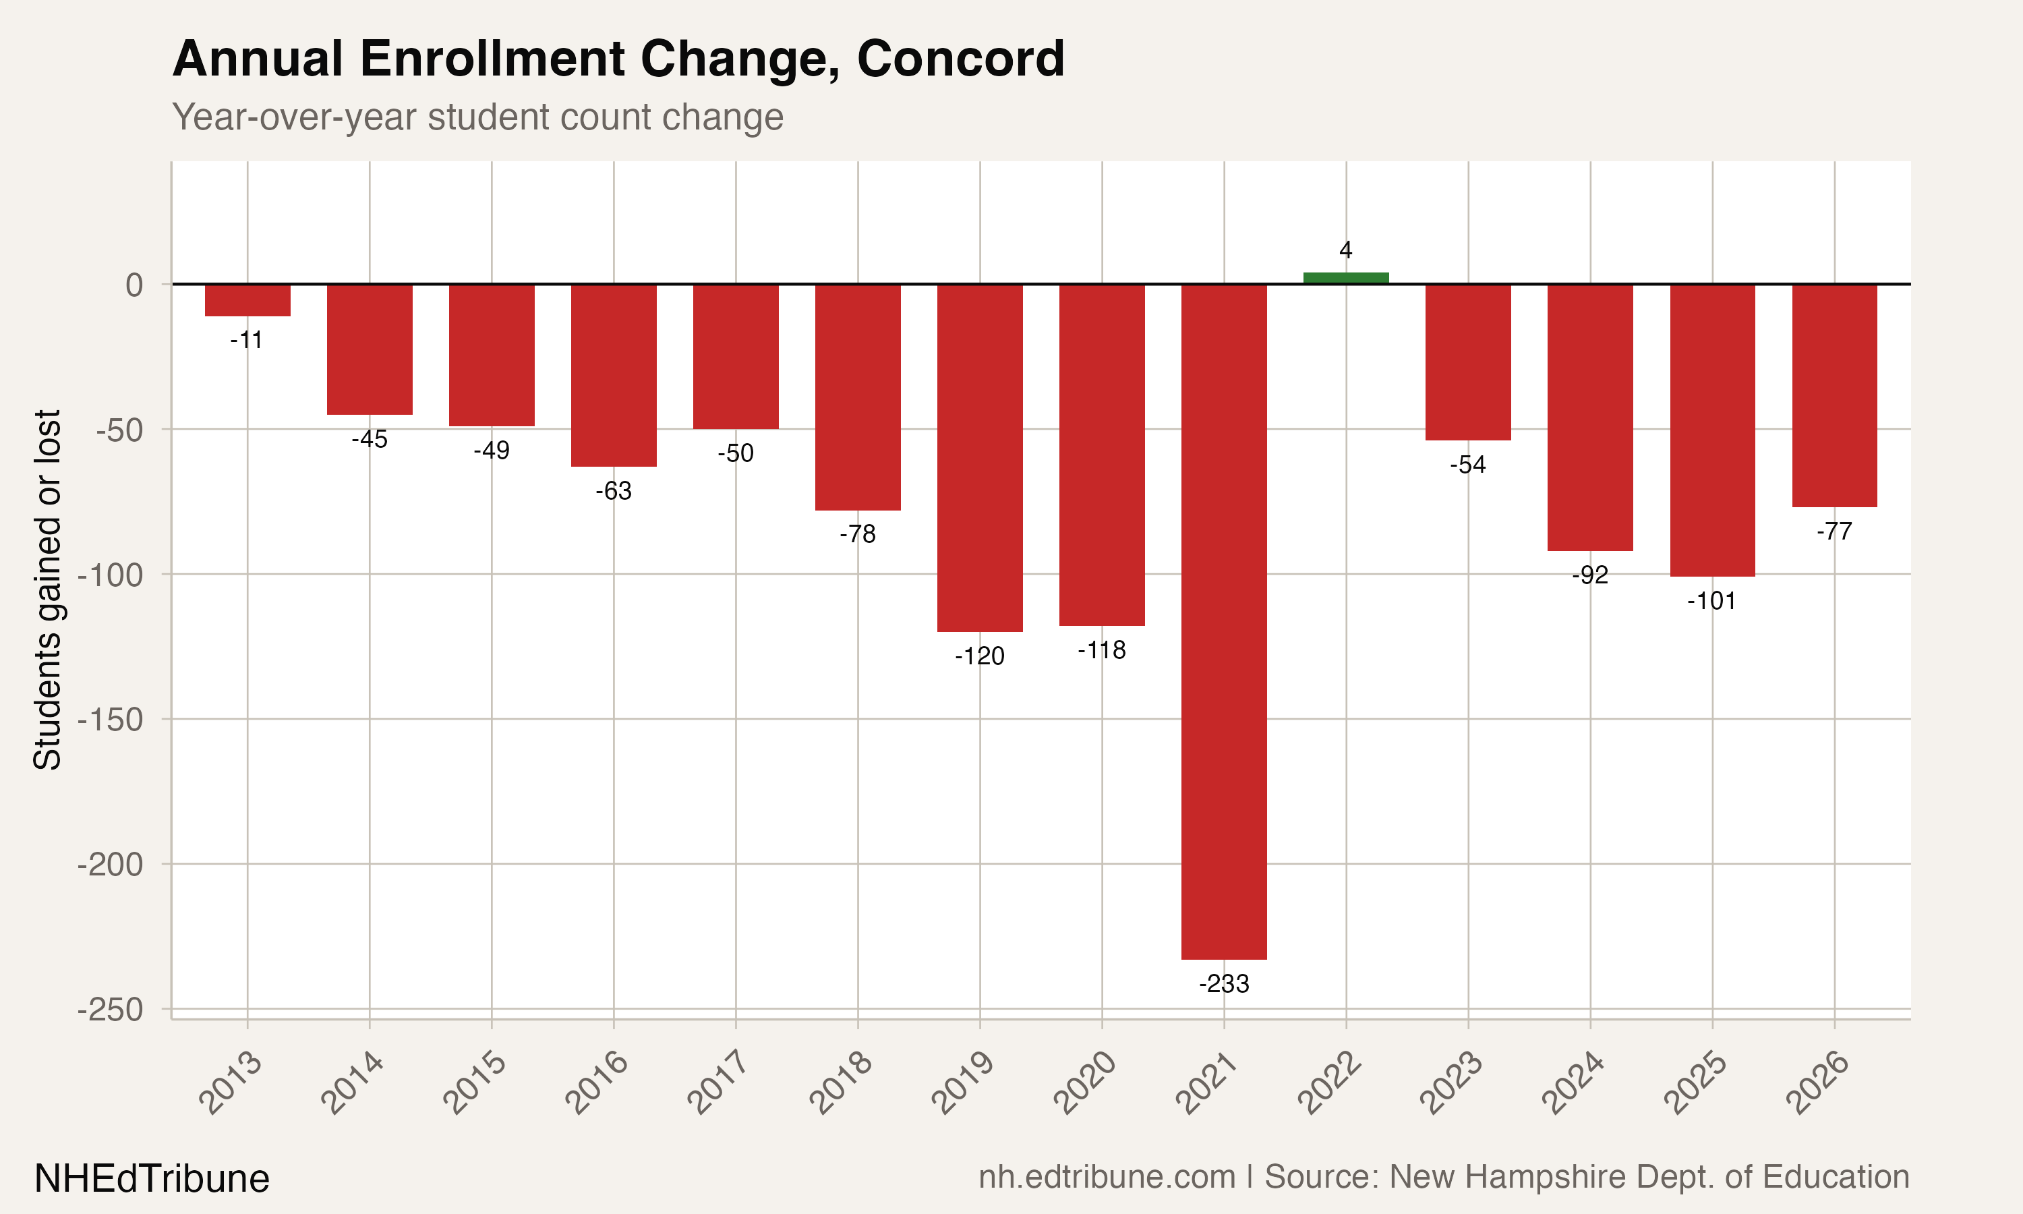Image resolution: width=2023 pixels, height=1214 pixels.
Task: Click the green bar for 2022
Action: click(x=1346, y=278)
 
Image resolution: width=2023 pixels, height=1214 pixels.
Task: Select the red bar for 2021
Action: click(x=1224, y=622)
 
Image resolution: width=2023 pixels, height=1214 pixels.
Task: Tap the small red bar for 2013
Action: click(x=247, y=300)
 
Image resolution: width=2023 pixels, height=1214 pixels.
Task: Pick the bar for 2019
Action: click(x=980, y=458)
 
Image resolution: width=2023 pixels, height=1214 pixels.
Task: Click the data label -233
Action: click(x=1224, y=983)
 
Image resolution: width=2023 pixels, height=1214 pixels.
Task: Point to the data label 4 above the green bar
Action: click(x=1346, y=250)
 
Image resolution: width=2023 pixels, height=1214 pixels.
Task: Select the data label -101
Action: click(x=1711, y=602)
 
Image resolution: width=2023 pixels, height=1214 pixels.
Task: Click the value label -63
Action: click(x=613, y=491)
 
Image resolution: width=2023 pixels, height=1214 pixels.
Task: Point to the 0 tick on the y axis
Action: click(x=134, y=285)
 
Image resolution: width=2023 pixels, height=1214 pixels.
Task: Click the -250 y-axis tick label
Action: click(x=111, y=1010)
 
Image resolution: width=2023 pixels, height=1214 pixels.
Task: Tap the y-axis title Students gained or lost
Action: click(x=47, y=589)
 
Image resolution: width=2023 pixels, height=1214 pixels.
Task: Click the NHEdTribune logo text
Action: click(x=151, y=1179)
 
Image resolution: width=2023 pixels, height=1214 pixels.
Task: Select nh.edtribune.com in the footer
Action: click(x=1107, y=1177)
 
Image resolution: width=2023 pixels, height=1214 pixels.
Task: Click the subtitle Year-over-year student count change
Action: click(x=477, y=117)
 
